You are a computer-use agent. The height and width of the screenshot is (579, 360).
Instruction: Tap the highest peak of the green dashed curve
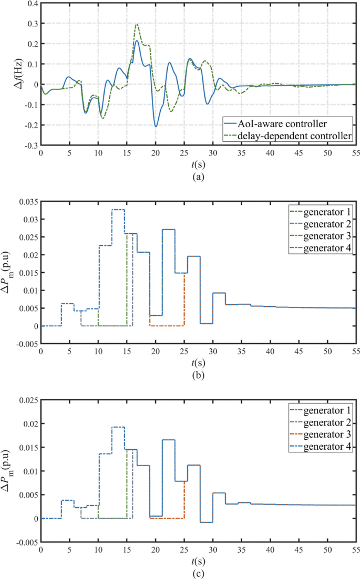[137, 24]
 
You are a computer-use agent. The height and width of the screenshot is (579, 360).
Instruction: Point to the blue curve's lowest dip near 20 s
[156, 126]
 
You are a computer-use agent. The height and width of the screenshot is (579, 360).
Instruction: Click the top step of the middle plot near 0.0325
[118, 210]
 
